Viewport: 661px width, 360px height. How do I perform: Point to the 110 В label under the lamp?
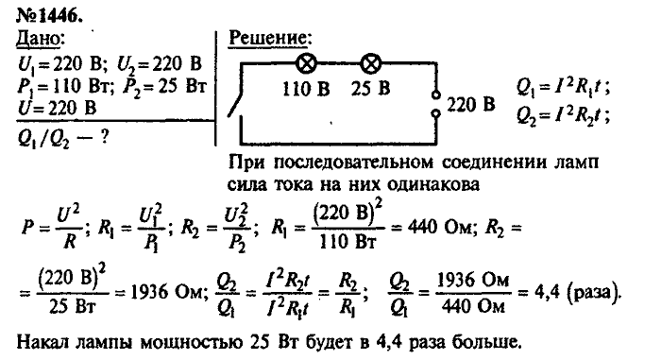coord(307,92)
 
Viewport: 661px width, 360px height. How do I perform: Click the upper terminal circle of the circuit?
coord(435,94)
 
